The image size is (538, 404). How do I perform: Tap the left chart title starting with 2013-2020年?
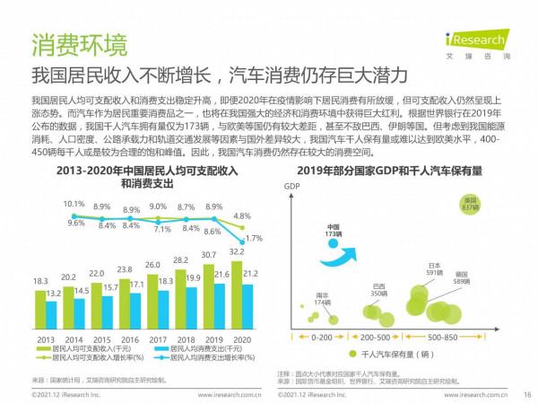pos(133,174)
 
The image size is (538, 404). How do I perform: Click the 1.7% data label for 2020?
pos(253,239)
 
